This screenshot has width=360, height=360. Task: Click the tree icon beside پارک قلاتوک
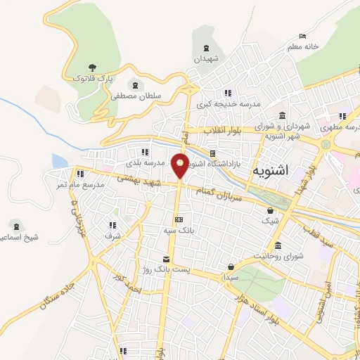point(92,67)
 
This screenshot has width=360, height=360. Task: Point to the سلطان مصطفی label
point(135,96)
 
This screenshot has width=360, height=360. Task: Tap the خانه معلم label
point(302,46)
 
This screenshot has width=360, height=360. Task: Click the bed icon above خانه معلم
point(302,37)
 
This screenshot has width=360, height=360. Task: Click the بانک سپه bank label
point(177,230)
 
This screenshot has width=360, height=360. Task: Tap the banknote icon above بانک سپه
point(179,219)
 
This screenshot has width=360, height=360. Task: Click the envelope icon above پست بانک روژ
point(166,259)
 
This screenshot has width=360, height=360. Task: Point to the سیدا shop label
point(232,278)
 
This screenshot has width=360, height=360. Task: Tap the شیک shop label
point(270,221)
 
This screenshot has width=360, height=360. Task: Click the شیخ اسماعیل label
point(15,237)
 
